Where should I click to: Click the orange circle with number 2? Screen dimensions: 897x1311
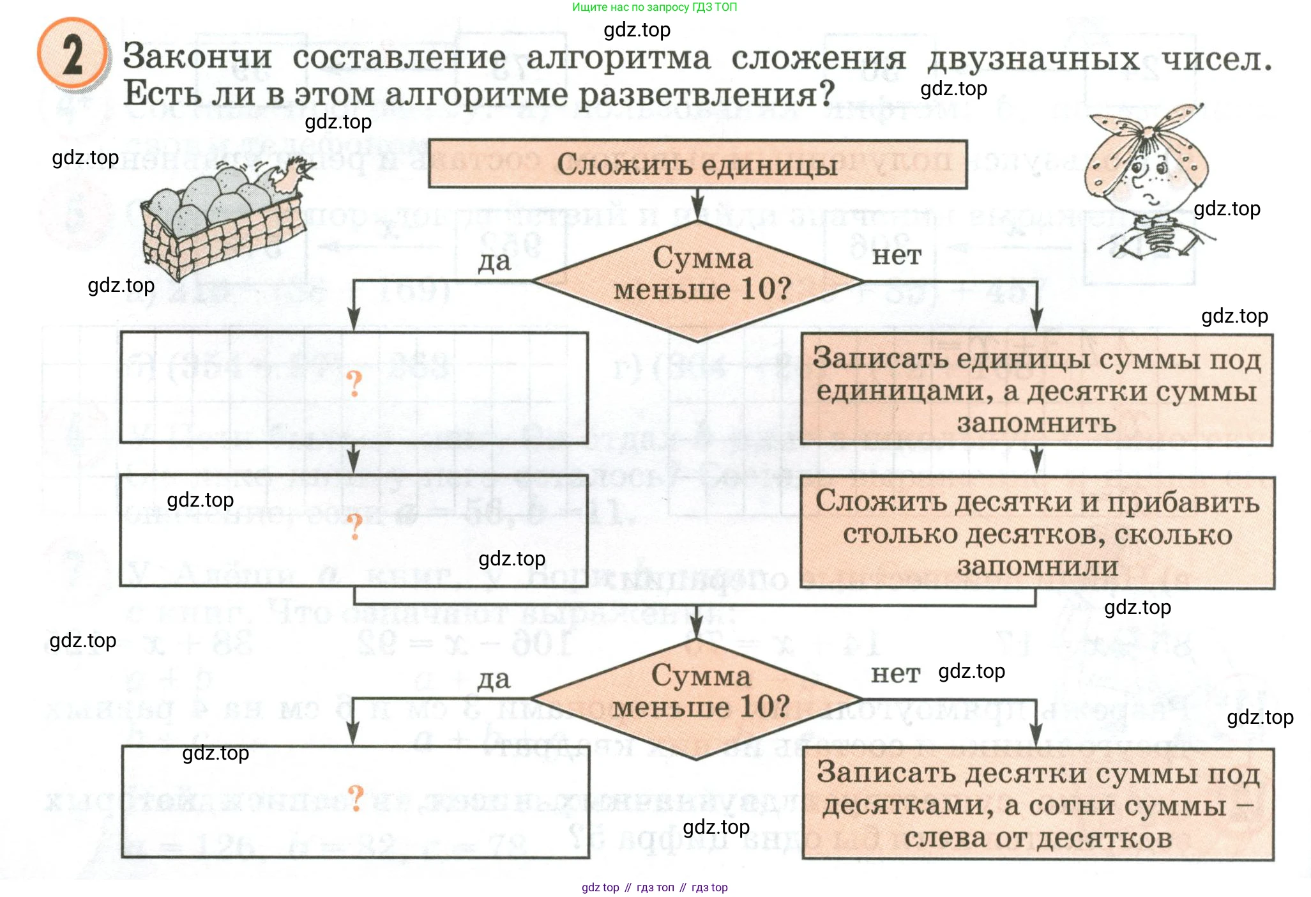(72, 55)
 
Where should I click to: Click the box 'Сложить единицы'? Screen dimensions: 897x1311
(697, 165)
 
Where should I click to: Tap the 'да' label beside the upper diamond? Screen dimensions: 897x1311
(495, 261)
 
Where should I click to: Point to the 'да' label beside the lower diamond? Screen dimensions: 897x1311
(494, 680)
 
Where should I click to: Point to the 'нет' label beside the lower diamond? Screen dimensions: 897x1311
(895, 674)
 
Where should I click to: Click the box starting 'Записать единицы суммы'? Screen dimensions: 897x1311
(1036, 390)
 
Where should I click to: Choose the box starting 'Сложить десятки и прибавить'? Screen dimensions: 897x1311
(1037, 533)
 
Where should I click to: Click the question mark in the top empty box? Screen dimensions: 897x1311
(354, 384)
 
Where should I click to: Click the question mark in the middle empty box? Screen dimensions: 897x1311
(354, 526)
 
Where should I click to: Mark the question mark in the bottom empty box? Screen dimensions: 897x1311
(356, 798)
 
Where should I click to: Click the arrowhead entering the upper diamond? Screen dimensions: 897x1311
(697, 213)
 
